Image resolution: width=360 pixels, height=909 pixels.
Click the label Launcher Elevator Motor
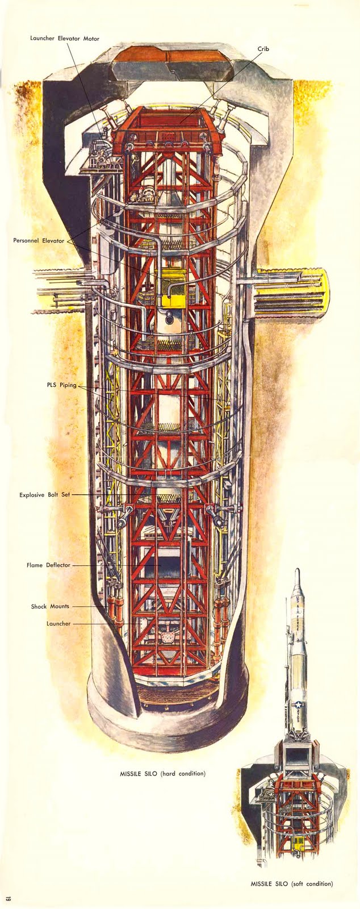(x=65, y=39)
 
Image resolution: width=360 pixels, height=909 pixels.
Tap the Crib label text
(x=263, y=49)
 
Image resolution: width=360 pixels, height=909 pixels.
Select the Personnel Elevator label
(x=39, y=241)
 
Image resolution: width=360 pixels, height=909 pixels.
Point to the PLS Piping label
(x=61, y=385)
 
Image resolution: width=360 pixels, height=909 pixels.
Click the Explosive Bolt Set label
(x=44, y=495)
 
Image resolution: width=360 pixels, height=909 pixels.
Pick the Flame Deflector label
(x=48, y=565)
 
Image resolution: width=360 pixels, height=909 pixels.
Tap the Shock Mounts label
(x=50, y=606)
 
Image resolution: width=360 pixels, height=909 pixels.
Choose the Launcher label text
(x=58, y=623)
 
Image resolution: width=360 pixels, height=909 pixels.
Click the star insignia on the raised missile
(x=298, y=706)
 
